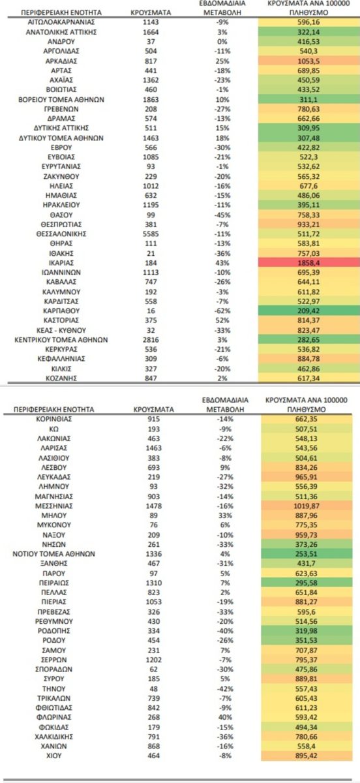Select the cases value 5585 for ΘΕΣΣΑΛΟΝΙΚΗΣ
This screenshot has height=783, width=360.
click(147, 233)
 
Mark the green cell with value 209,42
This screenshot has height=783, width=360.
click(310, 310)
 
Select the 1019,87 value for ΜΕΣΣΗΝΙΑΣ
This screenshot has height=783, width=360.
click(310, 506)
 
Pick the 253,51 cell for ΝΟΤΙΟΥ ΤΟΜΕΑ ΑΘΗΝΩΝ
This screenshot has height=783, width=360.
click(310, 554)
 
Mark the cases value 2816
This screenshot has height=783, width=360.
click(147, 339)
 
